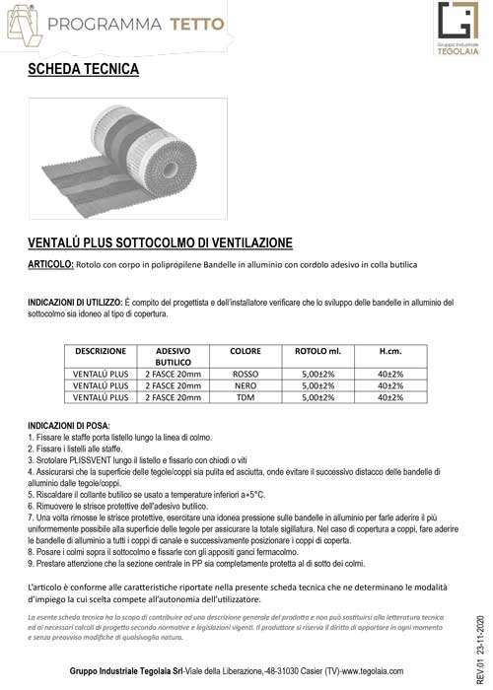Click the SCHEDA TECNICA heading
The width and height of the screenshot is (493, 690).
(84, 70)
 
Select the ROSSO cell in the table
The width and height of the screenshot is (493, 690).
(245, 375)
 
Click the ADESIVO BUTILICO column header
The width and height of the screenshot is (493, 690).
(173, 356)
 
